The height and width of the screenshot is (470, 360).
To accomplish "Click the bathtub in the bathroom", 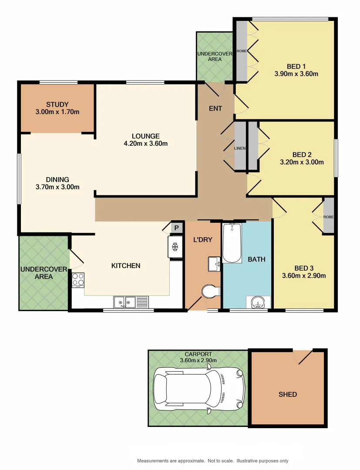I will pyautogui.click(x=232, y=243).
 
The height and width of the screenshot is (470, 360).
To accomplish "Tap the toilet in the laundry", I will pyautogui.click(x=211, y=291).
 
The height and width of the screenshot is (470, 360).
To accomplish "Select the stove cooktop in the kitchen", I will pyautogui.click(x=78, y=280).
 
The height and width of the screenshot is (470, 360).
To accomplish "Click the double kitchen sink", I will pyautogui.click(x=124, y=302).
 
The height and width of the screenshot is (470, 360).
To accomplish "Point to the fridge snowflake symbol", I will pyautogui.click(x=176, y=247).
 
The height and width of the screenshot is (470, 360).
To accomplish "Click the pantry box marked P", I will pyautogui.click(x=177, y=228).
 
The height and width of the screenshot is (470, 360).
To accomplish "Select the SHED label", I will pyautogui.click(x=288, y=394).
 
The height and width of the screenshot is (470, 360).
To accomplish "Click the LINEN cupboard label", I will pyautogui.click(x=240, y=148).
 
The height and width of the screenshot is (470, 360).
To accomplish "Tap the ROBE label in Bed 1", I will pyautogui.click(x=242, y=51).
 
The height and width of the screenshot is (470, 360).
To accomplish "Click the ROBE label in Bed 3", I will pyautogui.click(x=328, y=216).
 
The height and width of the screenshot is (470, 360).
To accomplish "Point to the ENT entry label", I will pyautogui.click(x=215, y=108).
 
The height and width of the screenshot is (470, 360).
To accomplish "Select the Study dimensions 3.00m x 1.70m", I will pyautogui.click(x=57, y=112).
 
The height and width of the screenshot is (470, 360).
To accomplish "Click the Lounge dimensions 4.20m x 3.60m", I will pyautogui.click(x=146, y=144).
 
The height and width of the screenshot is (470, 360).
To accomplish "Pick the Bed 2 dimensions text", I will pyautogui.click(x=302, y=162).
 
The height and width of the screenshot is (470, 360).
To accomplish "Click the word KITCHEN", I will pyautogui.click(x=126, y=265).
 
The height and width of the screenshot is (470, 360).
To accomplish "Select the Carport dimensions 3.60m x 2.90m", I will pyautogui.click(x=198, y=360).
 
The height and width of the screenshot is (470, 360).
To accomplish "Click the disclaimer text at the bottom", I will pyautogui.click(x=213, y=461).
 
